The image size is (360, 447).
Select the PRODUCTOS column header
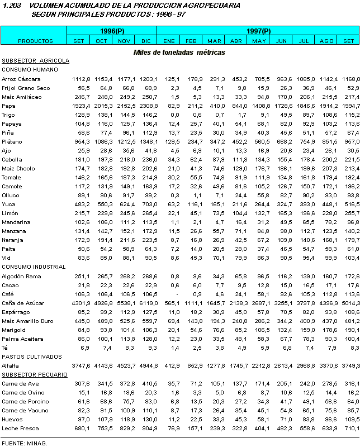[x=35, y=41]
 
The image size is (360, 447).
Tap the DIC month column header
[x=146, y=41]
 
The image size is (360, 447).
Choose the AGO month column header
[x=326, y=41]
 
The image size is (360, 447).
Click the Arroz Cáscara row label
[x=18, y=79]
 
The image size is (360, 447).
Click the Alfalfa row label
[x=11, y=365]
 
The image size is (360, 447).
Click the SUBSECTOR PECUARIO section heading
[x=35, y=374]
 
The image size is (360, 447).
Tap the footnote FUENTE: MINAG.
[x=24, y=443]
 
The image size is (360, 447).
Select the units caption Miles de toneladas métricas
[x=179, y=52]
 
